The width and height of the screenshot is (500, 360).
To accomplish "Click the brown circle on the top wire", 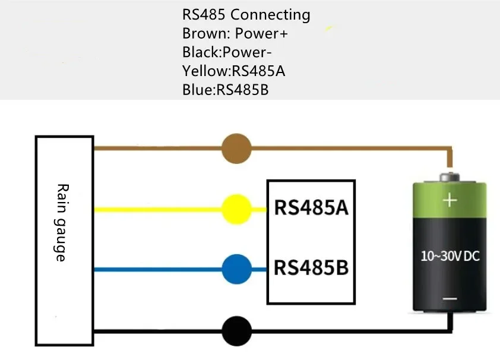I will (236, 149).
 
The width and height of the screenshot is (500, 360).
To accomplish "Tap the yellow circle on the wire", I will (236, 209).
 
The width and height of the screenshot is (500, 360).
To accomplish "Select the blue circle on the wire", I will (236, 269).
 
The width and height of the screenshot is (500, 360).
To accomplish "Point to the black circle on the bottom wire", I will (236, 331).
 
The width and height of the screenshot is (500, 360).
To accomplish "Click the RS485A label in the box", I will (310, 209).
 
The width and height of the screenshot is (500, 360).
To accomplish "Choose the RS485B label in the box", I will (310, 267).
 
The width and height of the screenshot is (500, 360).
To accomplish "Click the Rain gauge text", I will (61, 222).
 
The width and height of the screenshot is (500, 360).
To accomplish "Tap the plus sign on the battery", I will (450, 200).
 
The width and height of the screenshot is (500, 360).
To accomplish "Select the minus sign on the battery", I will (450, 299).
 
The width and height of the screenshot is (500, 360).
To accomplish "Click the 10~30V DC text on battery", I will (450, 257).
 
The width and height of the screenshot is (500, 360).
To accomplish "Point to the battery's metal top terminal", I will (450, 177).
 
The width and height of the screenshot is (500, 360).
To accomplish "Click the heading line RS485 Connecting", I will (246, 15).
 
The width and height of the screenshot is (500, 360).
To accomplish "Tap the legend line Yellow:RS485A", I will (234, 71).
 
